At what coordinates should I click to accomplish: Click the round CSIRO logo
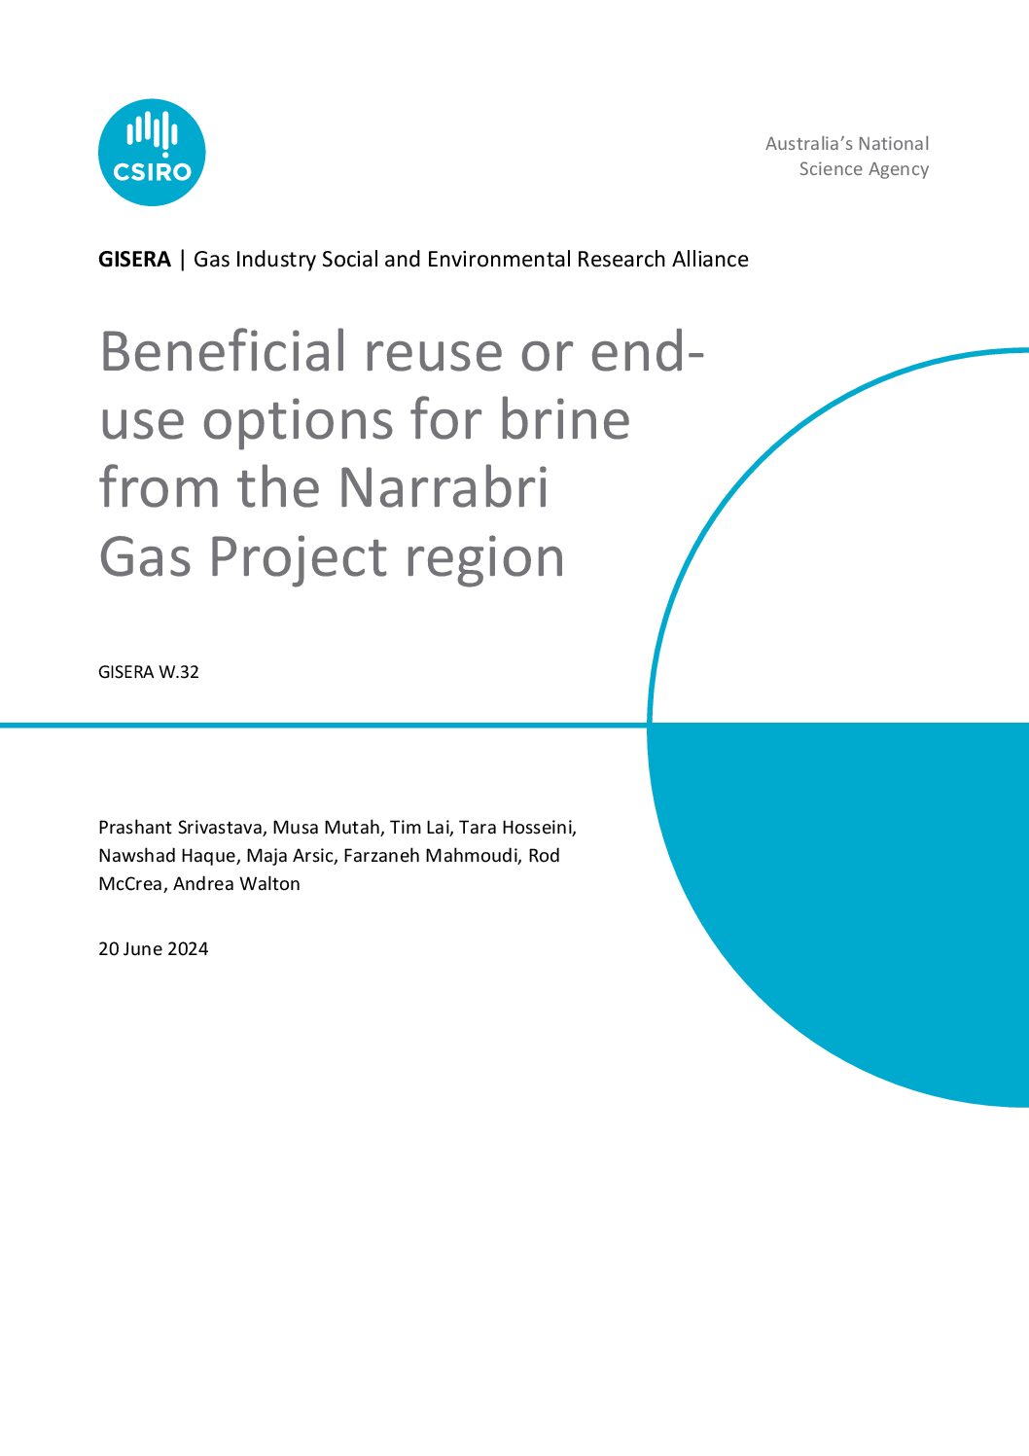tap(152, 152)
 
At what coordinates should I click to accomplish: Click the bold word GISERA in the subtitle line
tap(134, 260)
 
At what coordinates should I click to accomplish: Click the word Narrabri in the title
tap(444, 488)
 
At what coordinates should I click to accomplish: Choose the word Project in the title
tap(298, 557)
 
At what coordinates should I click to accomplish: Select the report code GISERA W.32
tap(148, 672)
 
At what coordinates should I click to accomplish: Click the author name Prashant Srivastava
tap(181, 828)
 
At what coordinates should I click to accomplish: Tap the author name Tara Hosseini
tap(517, 828)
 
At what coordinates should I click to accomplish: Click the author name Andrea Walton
tap(236, 884)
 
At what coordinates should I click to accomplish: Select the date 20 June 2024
tap(154, 949)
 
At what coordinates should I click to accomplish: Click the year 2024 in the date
tap(188, 949)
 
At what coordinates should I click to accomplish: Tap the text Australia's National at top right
tap(847, 143)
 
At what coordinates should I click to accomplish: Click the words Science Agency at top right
tap(864, 169)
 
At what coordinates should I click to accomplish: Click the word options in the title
tap(298, 422)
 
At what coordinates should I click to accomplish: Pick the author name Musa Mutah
tap(326, 828)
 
